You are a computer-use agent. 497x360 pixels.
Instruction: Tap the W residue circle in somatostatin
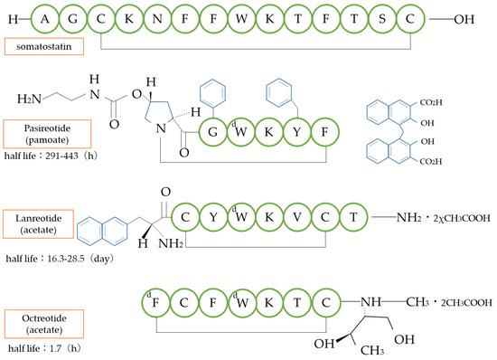217,17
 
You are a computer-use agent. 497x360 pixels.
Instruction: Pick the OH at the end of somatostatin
466,17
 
